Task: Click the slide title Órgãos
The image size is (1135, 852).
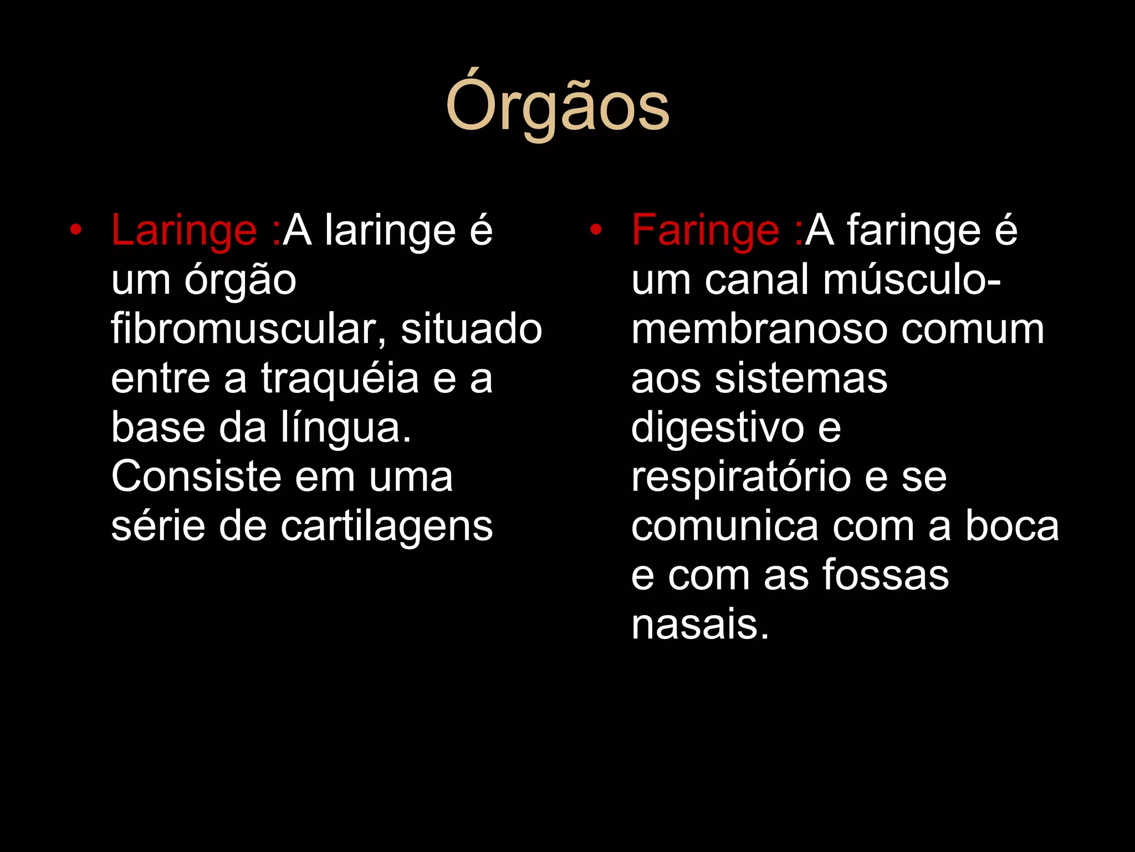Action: click(x=558, y=105)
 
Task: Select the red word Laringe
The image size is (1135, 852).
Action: click(x=183, y=231)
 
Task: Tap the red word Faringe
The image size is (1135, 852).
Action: click(x=705, y=231)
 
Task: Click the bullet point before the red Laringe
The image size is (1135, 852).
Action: click(x=76, y=230)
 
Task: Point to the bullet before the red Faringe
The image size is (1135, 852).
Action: click(x=596, y=230)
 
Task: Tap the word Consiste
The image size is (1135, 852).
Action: click(x=197, y=477)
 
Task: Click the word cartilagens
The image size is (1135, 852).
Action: click(x=386, y=526)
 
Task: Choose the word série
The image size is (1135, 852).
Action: click(x=159, y=526)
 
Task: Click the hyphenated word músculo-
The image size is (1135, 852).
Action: click(x=912, y=280)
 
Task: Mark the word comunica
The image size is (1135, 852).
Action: click(x=724, y=526)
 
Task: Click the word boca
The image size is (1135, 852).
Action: click(x=1012, y=526)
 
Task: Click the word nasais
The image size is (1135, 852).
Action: click(x=700, y=625)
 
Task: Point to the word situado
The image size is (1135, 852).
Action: click(x=471, y=329)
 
